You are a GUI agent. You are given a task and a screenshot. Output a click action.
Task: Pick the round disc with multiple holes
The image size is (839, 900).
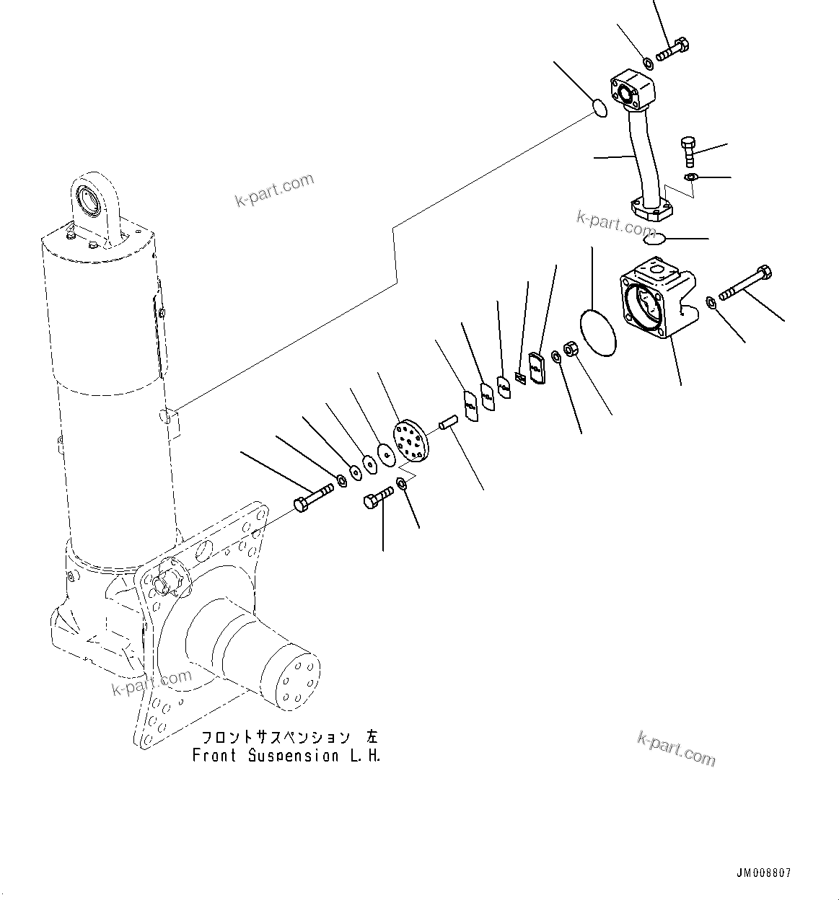pyautogui.click(x=410, y=439)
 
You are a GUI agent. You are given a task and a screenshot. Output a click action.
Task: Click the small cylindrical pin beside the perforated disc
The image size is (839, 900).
pyautogui.click(x=447, y=422)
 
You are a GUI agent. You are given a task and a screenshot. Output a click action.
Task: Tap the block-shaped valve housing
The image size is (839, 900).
pyautogui.click(x=657, y=301)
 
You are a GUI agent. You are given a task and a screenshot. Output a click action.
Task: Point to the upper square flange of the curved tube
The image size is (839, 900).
pyautogui.click(x=633, y=89)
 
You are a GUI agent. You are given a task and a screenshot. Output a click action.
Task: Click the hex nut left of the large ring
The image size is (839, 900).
pyautogui.click(x=569, y=350)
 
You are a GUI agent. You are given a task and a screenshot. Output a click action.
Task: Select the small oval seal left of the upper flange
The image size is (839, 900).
pyautogui.click(x=599, y=109)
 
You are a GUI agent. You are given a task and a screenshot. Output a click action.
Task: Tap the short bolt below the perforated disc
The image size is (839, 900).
pyautogui.click(x=378, y=497)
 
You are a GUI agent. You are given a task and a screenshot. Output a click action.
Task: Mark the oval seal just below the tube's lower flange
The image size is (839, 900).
pyautogui.click(x=654, y=238)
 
